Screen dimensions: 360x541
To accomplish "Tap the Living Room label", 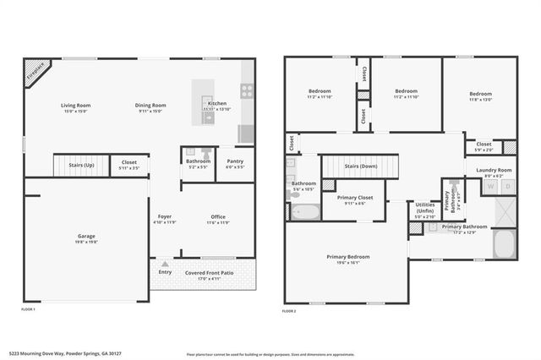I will click(x=75, y=106).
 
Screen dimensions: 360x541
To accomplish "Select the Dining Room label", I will click(x=150, y=106).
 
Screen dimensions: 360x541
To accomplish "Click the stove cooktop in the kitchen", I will click(x=247, y=90).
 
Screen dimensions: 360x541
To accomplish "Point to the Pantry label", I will click(x=235, y=161).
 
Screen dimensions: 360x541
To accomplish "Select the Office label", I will click(x=218, y=217).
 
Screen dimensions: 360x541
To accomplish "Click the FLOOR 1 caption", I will click(x=28, y=310).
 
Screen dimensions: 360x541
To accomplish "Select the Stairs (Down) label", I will click(x=361, y=166).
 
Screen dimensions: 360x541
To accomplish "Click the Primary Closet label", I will click(x=354, y=198).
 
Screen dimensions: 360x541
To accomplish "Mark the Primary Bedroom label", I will click(x=347, y=256).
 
